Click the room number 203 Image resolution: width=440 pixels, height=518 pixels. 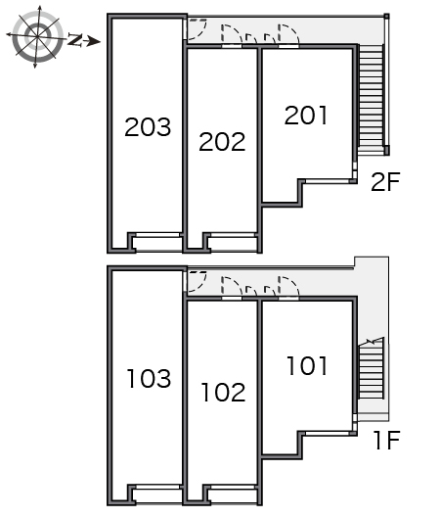148,127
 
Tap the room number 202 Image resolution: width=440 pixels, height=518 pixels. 222,142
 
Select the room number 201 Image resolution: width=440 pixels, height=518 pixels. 306,116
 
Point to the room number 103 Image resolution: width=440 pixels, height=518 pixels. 149,378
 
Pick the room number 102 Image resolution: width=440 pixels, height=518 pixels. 223,392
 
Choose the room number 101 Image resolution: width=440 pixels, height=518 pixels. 307,365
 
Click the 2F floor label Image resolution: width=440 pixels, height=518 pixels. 385,182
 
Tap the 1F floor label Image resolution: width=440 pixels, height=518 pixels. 387,440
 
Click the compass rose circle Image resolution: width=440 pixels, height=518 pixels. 37,36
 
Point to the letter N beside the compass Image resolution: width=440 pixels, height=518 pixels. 75,39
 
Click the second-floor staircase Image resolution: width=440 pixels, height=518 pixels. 372,98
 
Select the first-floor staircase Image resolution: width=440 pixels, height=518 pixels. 372,368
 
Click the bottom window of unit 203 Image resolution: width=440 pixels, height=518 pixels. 158,235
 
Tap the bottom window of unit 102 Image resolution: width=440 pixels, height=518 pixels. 233,487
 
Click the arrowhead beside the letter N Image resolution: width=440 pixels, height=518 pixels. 94,41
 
